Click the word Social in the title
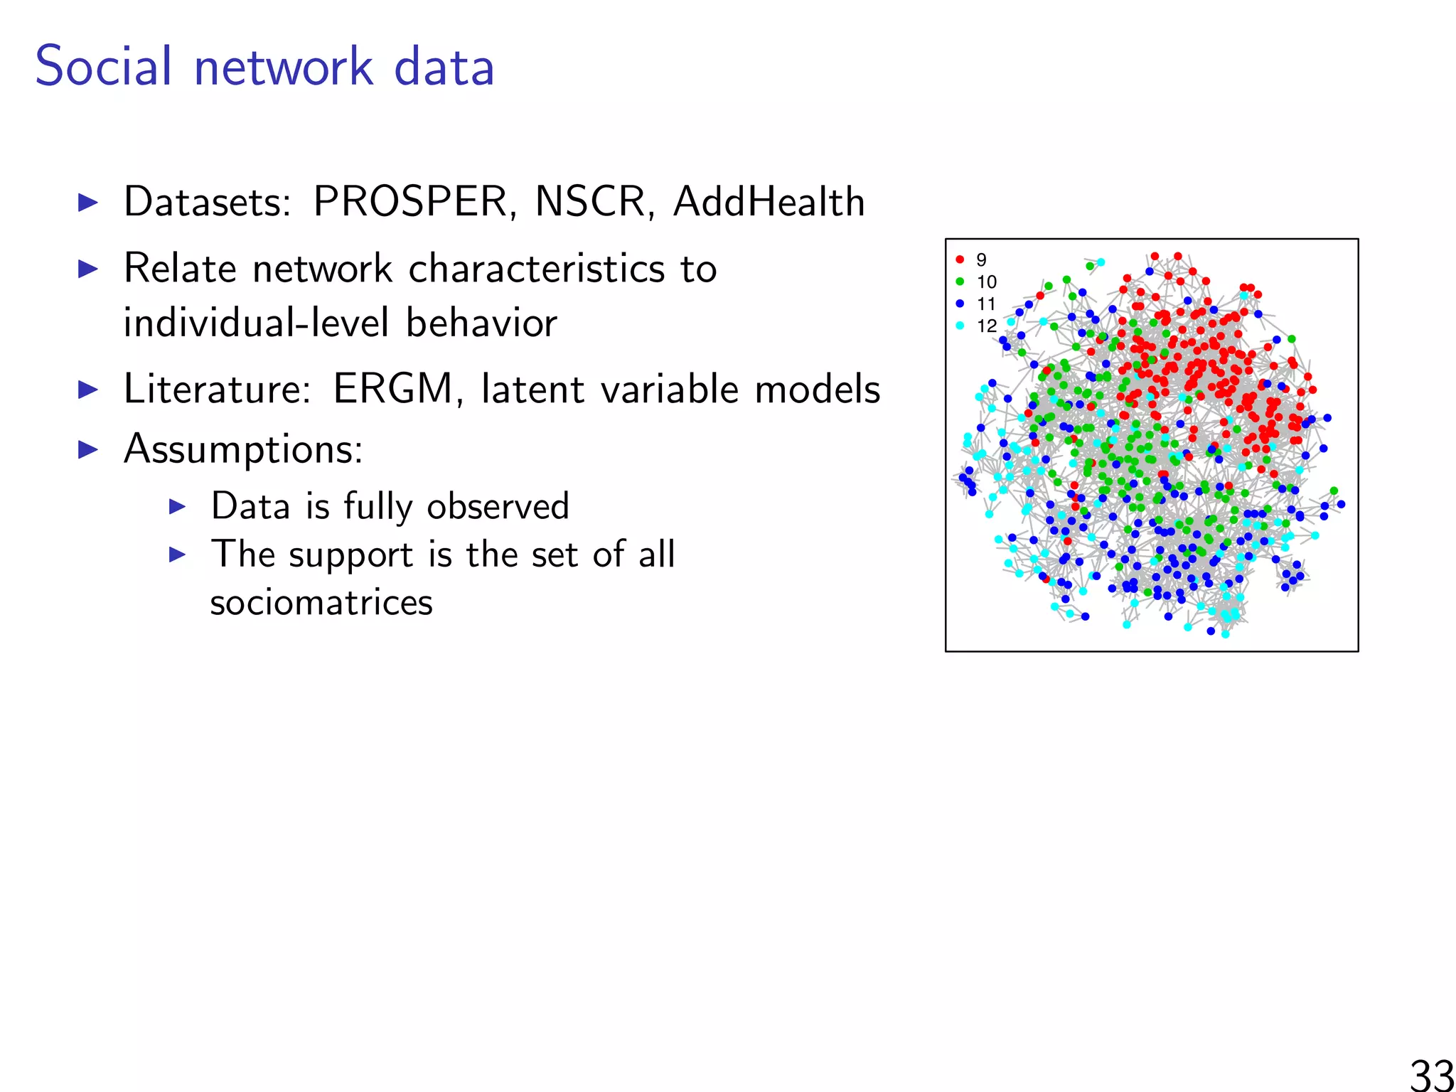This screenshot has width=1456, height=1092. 103,66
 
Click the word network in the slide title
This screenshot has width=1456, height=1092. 284,68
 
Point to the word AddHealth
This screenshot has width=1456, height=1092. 769,202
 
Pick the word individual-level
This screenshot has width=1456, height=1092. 256,323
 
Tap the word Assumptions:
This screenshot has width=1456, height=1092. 243,449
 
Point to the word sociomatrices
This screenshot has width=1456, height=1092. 321,603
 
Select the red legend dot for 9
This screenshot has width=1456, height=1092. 960,259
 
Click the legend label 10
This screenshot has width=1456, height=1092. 987,282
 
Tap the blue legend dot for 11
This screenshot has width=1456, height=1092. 960,304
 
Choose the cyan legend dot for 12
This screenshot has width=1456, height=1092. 960,326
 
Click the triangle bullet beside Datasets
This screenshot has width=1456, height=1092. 87,203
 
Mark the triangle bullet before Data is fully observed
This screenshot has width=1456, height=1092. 177,507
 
